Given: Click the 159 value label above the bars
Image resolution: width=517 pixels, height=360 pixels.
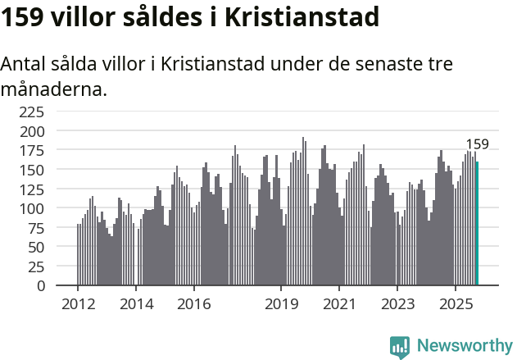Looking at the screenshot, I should [477, 144].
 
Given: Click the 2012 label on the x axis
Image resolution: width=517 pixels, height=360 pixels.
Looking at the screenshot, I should [78, 304].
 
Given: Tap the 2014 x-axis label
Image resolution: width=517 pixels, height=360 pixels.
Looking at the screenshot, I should [136, 304].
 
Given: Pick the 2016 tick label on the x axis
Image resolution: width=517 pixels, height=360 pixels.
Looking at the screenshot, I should [193, 304].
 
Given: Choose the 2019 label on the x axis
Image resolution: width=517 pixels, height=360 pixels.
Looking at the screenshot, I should [281, 304].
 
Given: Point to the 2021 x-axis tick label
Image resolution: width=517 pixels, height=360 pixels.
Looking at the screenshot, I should [339, 304].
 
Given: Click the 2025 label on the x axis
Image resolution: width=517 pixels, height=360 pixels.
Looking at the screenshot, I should [455, 304].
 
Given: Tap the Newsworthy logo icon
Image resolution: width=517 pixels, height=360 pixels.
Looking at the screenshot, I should [400, 347].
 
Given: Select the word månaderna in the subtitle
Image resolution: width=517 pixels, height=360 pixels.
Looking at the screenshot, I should [54, 88].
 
